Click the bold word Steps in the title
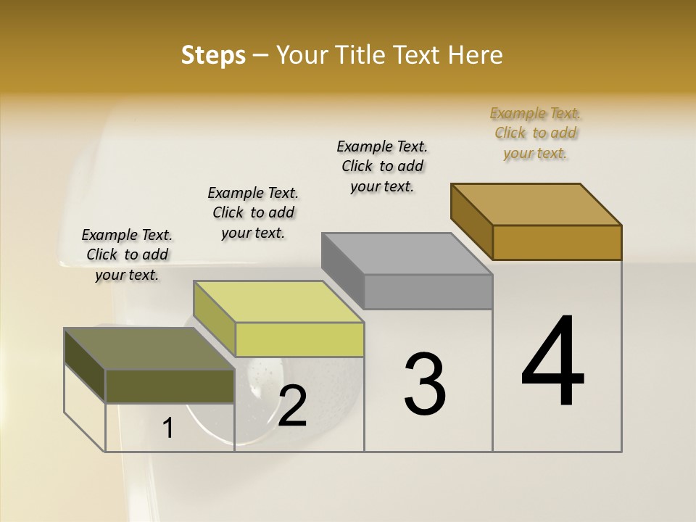click(213, 55)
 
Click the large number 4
click(552, 362)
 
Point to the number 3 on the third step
click(424, 384)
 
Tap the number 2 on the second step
click(292, 407)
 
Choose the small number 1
click(168, 428)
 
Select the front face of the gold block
click(557, 242)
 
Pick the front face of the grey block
click(428, 291)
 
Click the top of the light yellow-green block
click(278, 302)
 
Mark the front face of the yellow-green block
click(299, 339)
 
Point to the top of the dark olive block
click(149, 349)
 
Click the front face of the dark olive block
click(170, 386)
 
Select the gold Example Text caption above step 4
click(536, 133)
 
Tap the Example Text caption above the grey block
click(383, 167)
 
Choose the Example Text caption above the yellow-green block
click(253, 213)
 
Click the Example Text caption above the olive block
click(127, 255)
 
